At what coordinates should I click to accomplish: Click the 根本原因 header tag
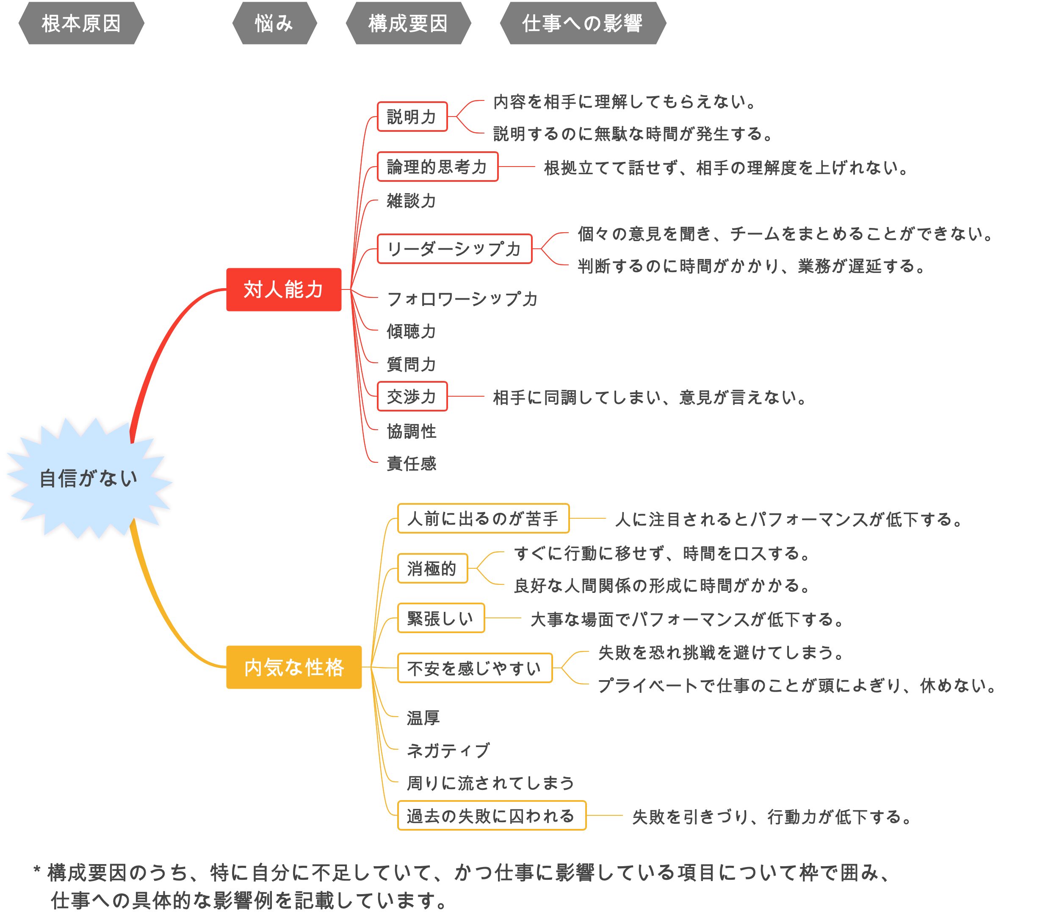81,23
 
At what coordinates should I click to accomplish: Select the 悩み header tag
274,23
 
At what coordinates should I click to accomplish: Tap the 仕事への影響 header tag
583,23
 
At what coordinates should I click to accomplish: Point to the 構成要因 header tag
408,23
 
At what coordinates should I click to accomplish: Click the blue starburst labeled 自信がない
89,478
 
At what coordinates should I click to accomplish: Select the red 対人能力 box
283,289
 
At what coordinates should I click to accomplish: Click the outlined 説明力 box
412,117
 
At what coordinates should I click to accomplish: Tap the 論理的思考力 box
437,167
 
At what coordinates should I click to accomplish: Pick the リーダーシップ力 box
454,248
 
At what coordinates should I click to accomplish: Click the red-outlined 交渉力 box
412,396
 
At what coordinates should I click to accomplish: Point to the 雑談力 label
411,200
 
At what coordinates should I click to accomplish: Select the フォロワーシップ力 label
462,299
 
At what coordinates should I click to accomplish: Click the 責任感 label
411,463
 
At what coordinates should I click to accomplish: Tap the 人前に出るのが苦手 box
483,518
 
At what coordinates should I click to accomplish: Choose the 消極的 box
432,568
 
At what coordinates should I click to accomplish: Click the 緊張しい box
441,618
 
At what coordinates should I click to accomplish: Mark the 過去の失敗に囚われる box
492,816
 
